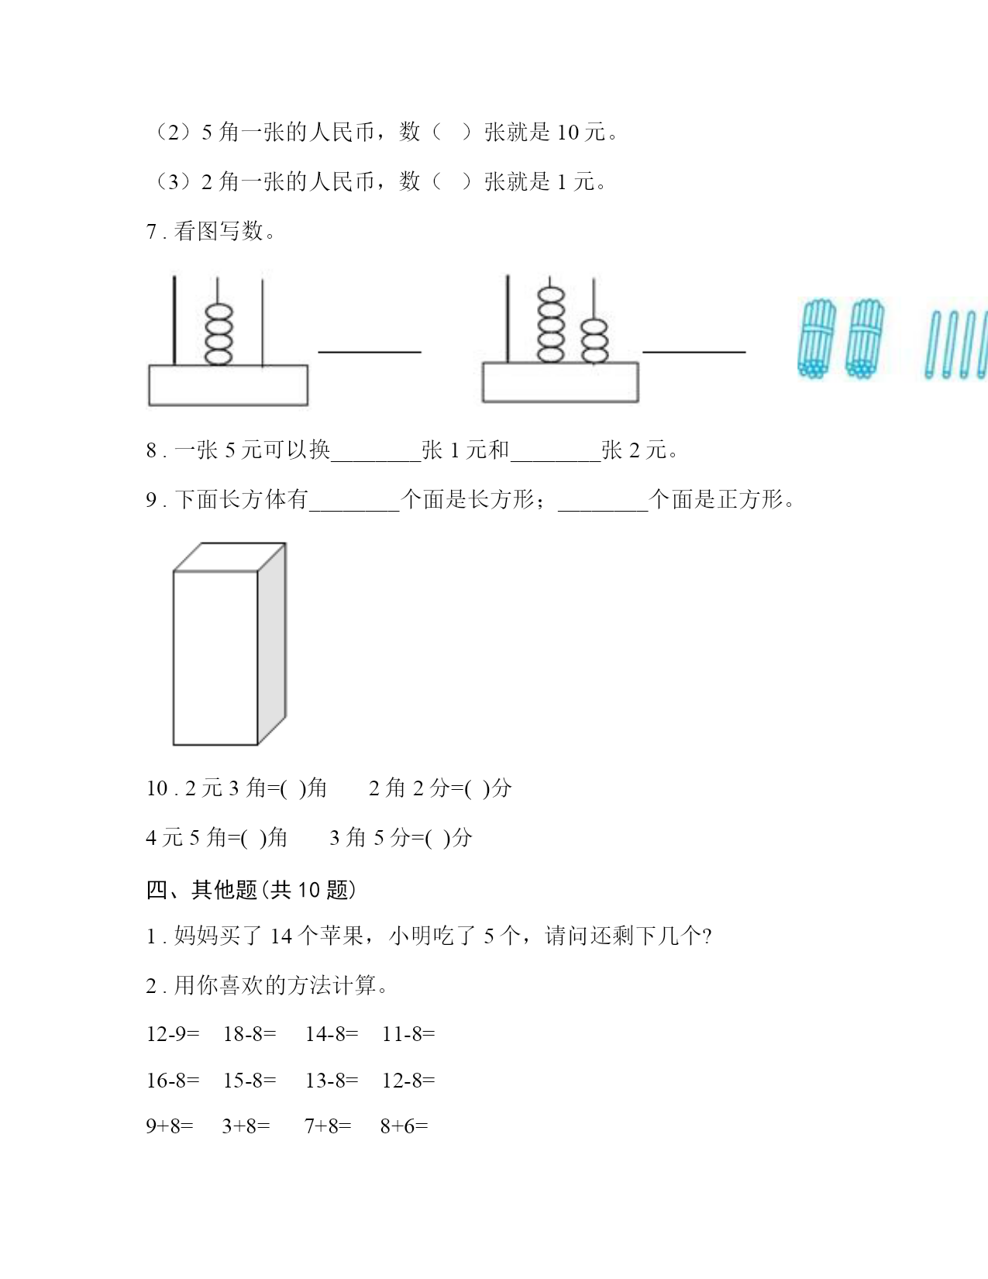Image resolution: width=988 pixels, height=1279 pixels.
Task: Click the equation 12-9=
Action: [x=172, y=1034]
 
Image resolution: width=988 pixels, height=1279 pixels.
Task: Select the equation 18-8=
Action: [x=250, y=1034]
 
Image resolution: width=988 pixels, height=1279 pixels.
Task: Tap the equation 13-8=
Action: [x=332, y=1081]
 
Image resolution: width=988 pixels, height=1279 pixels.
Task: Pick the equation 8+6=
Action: [x=404, y=1126]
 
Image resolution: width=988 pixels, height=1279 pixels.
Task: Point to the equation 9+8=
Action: [x=170, y=1126]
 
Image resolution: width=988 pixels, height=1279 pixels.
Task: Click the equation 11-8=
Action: [x=408, y=1034]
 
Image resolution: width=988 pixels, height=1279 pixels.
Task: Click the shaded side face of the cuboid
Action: [x=272, y=643]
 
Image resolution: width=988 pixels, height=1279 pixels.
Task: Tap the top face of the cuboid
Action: [x=230, y=557]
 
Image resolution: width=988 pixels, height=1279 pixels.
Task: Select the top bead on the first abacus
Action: [x=219, y=312]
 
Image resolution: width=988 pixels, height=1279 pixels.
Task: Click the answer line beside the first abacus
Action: [x=370, y=352]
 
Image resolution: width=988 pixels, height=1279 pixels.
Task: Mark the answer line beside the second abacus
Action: [x=694, y=352]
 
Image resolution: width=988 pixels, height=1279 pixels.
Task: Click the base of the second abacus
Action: [x=560, y=382]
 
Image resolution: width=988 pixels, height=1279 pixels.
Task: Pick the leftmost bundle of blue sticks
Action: [x=817, y=339]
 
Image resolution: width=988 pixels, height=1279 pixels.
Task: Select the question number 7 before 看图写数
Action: [x=151, y=232]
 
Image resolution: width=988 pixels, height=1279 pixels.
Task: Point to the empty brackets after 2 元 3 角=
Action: [x=292, y=788]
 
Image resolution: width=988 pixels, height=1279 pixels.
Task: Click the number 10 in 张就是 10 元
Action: [x=568, y=133]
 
